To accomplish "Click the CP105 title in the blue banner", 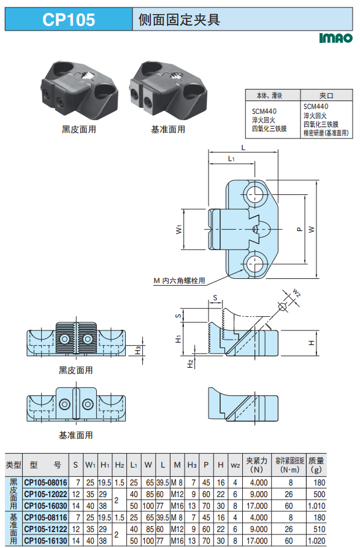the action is click(x=69, y=20).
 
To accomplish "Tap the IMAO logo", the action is click(x=336, y=38).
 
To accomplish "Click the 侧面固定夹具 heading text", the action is click(x=179, y=20).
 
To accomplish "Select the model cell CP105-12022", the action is click(x=45, y=494).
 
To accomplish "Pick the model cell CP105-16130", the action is click(x=45, y=541).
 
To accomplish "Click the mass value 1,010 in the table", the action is click(x=316, y=506).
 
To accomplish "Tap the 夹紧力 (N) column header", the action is click(x=256, y=465).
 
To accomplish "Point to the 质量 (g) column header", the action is click(x=316, y=465).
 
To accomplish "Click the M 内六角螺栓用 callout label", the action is click(x=179, y=281).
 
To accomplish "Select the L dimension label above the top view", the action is click(x=243, y=148).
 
